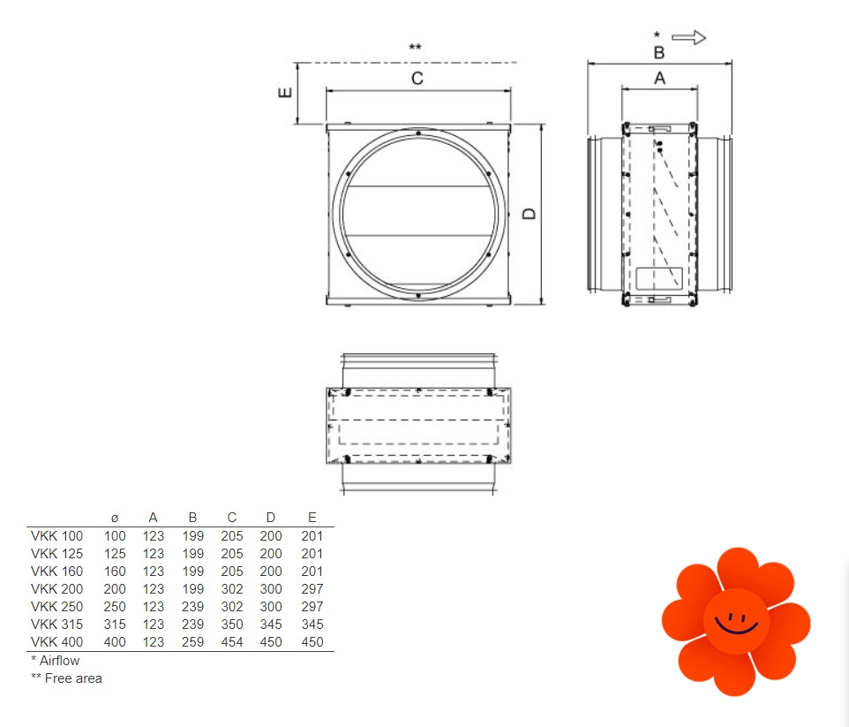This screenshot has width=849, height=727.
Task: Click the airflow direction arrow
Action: tap(688, 37)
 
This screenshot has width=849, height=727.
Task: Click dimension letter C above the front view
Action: tap(417, 79)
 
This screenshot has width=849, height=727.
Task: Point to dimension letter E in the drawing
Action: tap(285, 93)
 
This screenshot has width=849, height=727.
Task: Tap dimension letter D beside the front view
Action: tap(529, 214)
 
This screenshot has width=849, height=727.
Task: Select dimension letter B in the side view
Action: tap(659, 53)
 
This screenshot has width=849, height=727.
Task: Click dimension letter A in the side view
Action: tap(659, 79)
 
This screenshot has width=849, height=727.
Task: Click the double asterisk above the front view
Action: tap(416, 47)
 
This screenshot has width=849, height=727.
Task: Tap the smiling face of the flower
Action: tap(736, 622)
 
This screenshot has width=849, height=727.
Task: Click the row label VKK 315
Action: tap(56, 625)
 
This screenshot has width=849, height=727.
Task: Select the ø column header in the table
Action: tap(115, 519)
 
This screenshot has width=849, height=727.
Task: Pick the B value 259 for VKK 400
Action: tap(192, 642)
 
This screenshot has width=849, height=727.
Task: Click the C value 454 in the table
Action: tap(232, 642)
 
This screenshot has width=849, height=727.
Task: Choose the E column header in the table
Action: tap(312, 518)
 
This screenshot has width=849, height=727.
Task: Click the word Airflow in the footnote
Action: tap(59, 661)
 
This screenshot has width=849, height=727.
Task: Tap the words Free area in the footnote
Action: tap(73, 678)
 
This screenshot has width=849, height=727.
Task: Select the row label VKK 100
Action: tap(56, 536)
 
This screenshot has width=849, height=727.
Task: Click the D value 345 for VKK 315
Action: tap(271, 625)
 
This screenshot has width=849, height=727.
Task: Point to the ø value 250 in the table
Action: tap(115, 607)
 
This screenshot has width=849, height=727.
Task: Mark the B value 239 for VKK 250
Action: tap(192, 607)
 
